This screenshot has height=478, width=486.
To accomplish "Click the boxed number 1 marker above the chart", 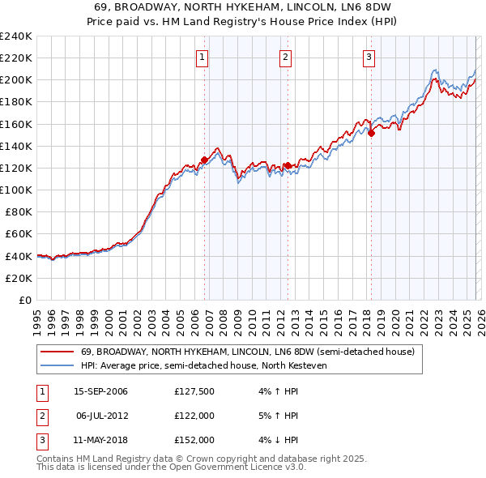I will tap(201, 57).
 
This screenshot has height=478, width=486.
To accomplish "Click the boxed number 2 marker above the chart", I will tap(286, 57).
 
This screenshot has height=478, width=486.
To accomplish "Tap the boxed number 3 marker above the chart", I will tap(369, 57).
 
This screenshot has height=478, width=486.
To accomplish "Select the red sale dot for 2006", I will tap(204, 160).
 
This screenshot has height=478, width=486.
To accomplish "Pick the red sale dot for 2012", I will tap(288, 165).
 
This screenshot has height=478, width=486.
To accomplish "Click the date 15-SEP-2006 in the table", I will tap(100, 392).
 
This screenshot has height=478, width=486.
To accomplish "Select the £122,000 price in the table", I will tap(194, 416).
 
